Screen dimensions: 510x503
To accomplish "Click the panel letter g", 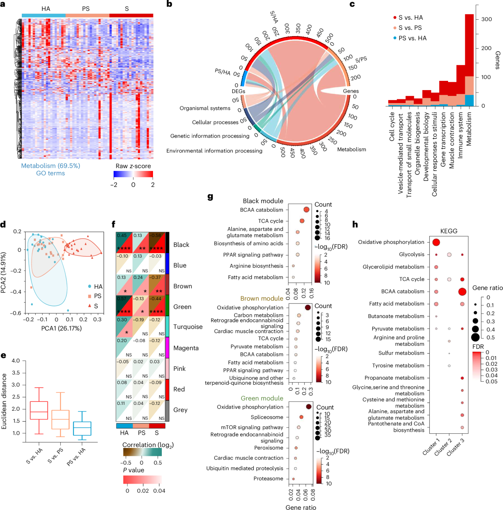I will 210,197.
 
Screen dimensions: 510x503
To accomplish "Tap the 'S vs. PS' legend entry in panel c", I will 410,28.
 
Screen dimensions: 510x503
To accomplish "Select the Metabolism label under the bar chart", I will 469,129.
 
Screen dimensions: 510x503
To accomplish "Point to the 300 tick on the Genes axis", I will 486,19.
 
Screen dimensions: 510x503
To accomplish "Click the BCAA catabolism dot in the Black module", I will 306,210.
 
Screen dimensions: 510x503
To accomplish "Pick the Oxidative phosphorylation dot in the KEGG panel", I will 436,242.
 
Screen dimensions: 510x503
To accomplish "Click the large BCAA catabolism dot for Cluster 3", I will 462,292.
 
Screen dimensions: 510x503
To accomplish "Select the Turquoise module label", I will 188,327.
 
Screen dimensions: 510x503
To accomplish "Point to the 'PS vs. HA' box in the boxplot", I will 82,428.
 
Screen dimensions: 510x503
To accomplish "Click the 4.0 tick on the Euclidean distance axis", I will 16,361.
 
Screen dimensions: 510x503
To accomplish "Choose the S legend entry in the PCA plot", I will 96,306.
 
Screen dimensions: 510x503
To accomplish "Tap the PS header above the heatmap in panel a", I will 86,9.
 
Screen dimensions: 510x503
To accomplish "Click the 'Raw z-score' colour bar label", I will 133,166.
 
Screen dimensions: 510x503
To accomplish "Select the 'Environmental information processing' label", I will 214,151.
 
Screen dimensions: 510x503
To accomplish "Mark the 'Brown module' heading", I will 262,298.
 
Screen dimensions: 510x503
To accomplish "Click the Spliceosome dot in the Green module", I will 301,417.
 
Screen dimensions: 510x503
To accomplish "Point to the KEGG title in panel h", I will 449,231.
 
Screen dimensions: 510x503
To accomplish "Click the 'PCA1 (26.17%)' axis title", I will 62,328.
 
